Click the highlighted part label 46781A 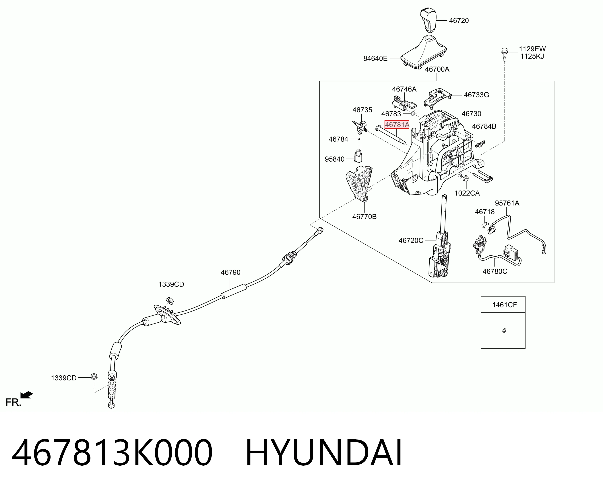pos(397,124)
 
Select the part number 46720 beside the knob pos(459,20)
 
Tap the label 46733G pos(476,95)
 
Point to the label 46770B pos(364,217)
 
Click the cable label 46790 pos(230,272)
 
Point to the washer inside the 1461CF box pos(504,330)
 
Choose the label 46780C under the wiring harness pos(495,271)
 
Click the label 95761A pos(507,203)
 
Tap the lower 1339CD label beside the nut pos(64,378)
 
